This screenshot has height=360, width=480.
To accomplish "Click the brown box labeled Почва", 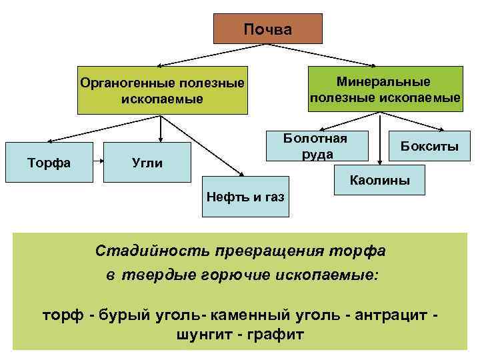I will pos(267,29).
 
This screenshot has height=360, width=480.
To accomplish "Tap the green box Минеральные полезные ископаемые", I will pos(385,89).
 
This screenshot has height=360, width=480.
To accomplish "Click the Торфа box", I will pos(49,162).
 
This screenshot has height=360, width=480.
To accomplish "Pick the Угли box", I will pos(147,162).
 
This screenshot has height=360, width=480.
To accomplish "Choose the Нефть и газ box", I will pos(245,197).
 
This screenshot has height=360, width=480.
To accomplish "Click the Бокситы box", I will pos(429,146).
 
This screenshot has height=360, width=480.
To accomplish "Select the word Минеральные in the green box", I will pos(383,81).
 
